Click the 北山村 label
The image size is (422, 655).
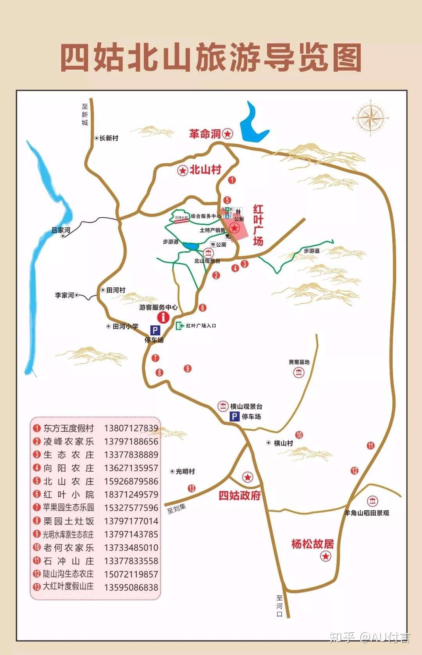[x=205, y=170]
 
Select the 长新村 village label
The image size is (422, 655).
[x=108, y=138]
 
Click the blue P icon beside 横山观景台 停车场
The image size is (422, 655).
[x=234, y=417]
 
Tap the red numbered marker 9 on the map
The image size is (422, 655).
[x=188, y=368]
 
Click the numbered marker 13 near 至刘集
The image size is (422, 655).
[x=191, y=488]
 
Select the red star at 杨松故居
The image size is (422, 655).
[x=325, y=556]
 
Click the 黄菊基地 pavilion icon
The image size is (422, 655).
[x=299, y=372]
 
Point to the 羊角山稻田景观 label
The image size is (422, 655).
[x=367, y=513]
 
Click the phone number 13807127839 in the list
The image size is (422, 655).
[x=131, y=428]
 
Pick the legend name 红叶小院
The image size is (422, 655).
[x=69, y=494]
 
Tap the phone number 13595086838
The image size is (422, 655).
[x=131, y=587]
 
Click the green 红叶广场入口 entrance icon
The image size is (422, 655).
[x=180, y=326]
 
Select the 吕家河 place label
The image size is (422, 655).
[x=61, y=230]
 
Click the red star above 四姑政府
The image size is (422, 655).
[x=248, y=477]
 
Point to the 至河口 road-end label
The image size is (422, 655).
[x=279, y=606]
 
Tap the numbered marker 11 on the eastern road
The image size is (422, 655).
[x=370, y=445]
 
